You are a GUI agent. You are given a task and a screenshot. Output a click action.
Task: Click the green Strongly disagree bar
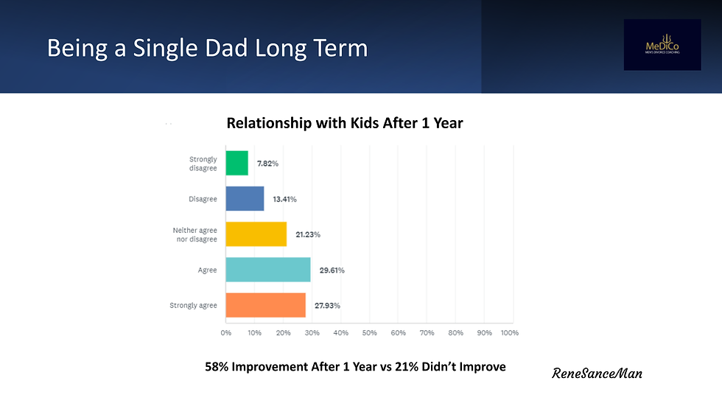coord(237,164)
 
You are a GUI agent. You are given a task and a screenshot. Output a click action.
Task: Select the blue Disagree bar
coord(245,199)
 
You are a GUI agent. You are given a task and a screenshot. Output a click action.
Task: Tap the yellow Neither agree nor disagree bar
coord(256,234)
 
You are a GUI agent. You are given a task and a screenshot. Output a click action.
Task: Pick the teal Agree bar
coord(268,270)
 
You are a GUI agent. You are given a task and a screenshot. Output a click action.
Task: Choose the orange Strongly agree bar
coord(265,305)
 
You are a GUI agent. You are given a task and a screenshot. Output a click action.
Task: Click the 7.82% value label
coord(267,164)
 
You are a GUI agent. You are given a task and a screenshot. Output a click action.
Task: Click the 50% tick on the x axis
coord(369,333)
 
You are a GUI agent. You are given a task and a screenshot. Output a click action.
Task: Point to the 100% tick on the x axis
coord(510,333)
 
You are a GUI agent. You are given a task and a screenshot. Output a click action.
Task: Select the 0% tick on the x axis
coord(226,333)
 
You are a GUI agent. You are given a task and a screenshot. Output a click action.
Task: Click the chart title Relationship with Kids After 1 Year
coord(345,123)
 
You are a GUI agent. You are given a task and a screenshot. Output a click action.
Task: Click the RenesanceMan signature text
coord(597,374)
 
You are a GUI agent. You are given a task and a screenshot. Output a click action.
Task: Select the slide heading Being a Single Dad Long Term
coord(207,48)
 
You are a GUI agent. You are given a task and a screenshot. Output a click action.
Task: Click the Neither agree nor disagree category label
coord(195,234)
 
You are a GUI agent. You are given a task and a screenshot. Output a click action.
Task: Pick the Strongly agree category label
coord(193,305)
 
